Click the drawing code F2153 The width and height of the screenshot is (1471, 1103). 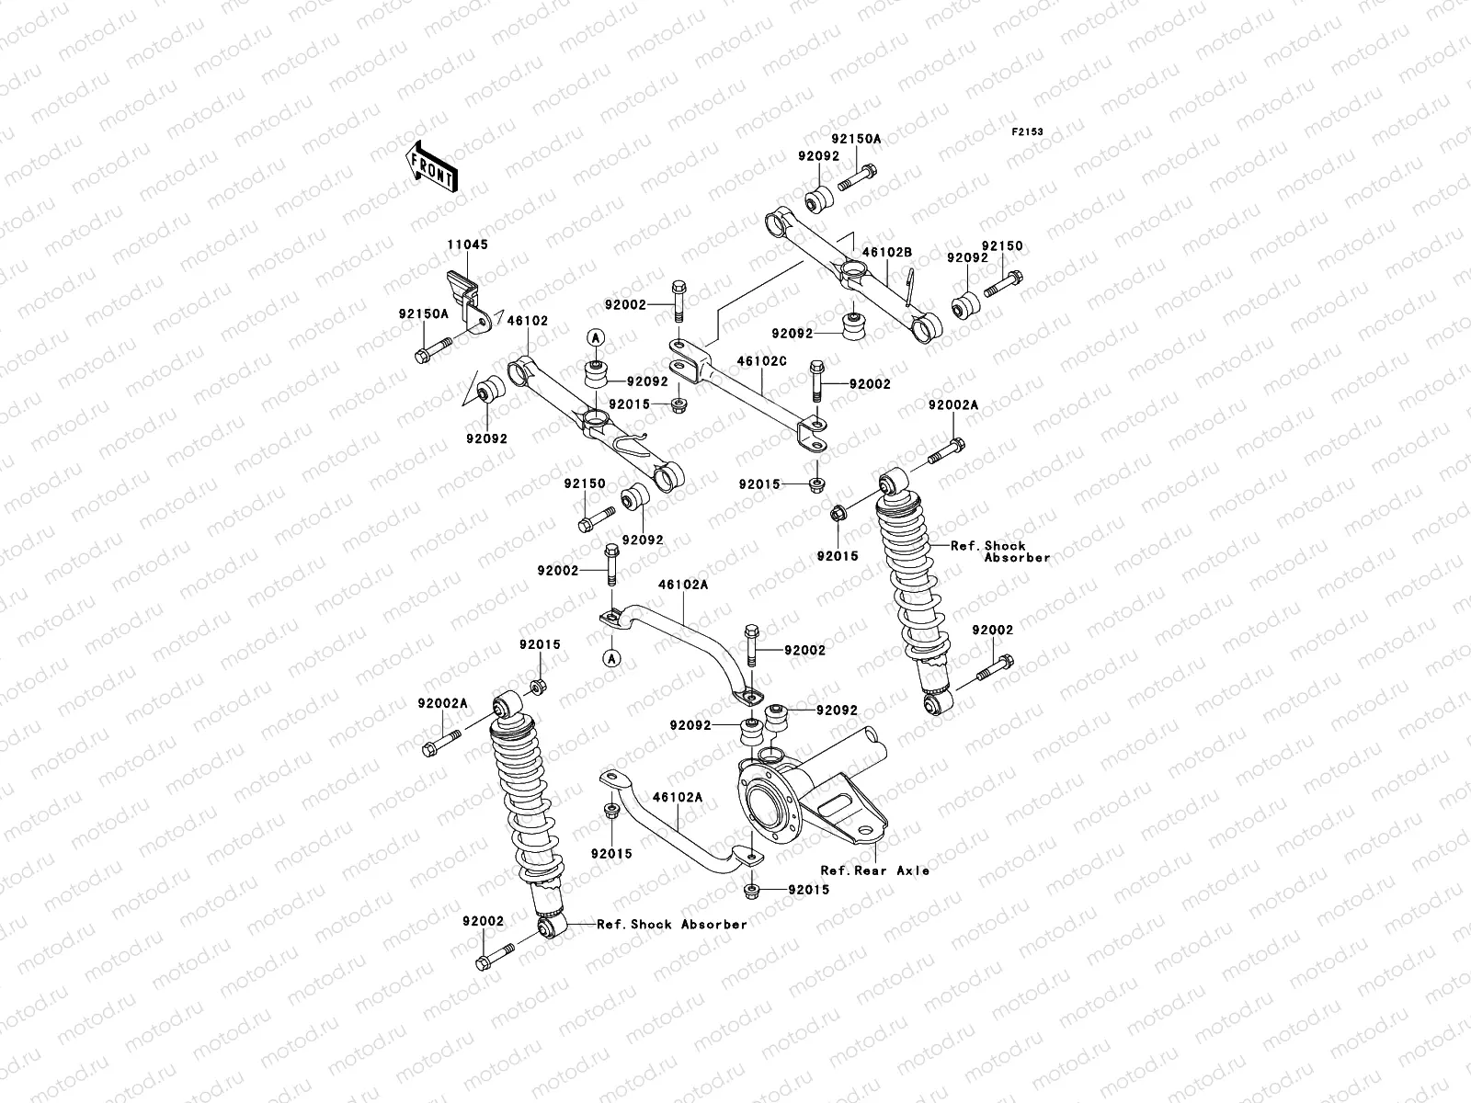click(1028, 132)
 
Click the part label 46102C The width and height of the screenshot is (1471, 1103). click(761, 362)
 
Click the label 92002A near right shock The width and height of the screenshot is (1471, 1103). click(952, 404)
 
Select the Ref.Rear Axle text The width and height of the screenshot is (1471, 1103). click(874, 870)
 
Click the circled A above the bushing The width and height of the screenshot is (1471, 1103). click(595, 337)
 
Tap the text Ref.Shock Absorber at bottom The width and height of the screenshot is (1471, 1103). click(671, 925)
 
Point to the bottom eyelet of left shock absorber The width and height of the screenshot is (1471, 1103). click(549, 929)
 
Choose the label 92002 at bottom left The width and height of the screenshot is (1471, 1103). click(484, 920)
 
